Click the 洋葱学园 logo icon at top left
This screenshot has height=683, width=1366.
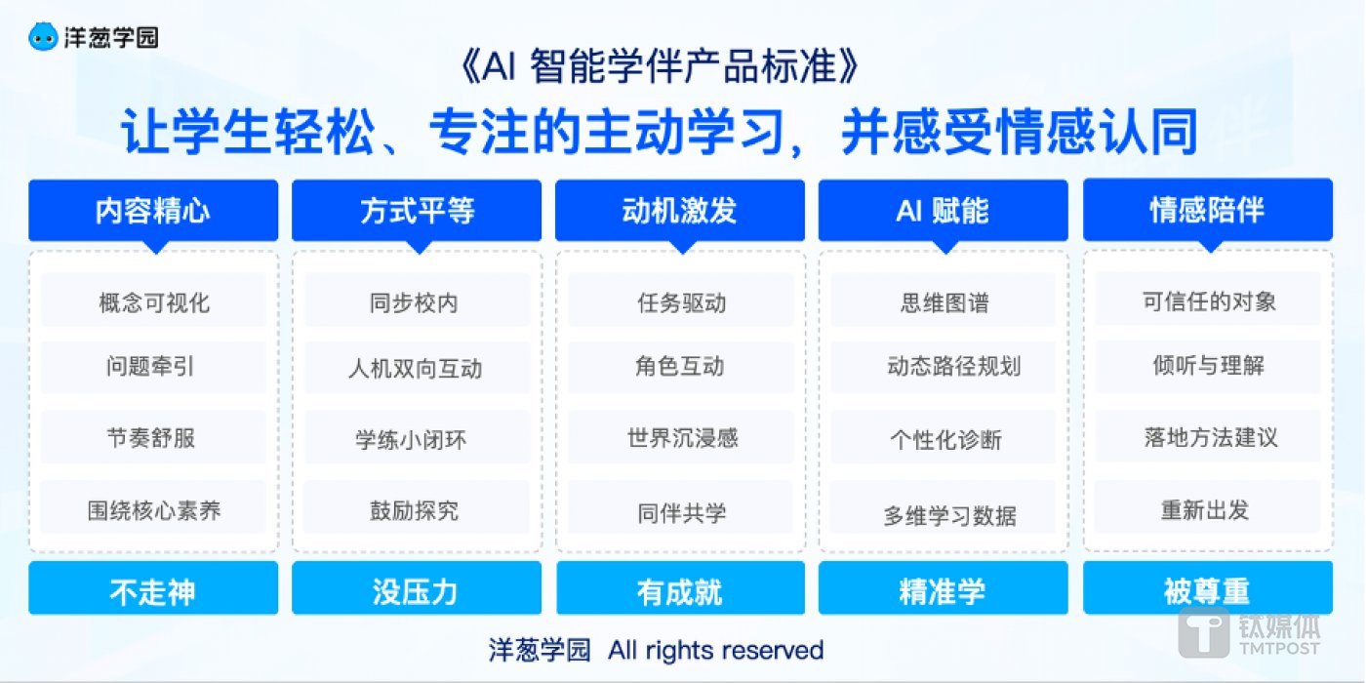pyautogui.click(x=43, y=38)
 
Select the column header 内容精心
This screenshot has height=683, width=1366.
pyautogui.click(x=153, y=210)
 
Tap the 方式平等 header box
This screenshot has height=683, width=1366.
pyautogui.click(x=417, y=210)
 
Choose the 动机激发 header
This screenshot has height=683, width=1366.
pyautogui.click(x=680, y=210)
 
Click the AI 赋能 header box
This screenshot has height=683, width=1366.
pyautogui.click(x=943, y=210)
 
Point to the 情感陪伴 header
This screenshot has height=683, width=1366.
pyautogui.click(x=1207, y=210)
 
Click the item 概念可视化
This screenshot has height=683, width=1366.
pyautogui.click(x=153, y=301)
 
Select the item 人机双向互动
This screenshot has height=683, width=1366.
pyautogui.click(x=417, y=369)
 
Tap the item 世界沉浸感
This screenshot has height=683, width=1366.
pyautogui.click(x=680, y=437)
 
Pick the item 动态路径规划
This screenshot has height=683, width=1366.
pyautogui.click(x=943, y=367)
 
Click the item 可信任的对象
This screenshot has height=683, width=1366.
pyautogui.click(x=1207, y=301)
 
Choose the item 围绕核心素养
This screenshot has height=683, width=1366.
pyautogui.click(x=153, y=509)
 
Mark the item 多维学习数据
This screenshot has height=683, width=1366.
pyautogui.click(x=943, y=515)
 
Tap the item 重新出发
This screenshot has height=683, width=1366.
pyautogui.click(x=1207, y=509)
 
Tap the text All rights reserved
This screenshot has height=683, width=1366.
pyautogui.click(x=715, y=650)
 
